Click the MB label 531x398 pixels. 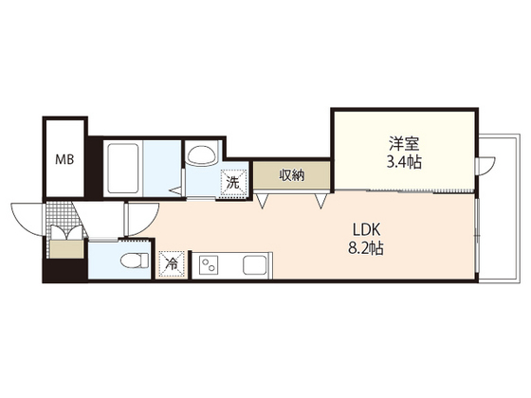pyautogui.click(x=64, y=159)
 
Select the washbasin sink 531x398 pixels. pyautogui.click(x=202, y=156)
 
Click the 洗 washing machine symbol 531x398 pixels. pyautogui.click(x=233, y=183)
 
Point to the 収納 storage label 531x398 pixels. pyautogui.click(x=292, y=175)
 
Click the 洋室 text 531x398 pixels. pyautogui.click(x=404, y=143)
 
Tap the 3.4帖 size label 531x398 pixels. pyautogui.click(x=404, y=162)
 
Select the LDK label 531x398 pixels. pyautogui.click(x=367, y=229)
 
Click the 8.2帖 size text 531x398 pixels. pyautogui.click(x=366, y=248)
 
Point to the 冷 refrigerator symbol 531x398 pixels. pyautogui.click(x=173, y=264)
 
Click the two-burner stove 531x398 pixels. pyautogui.click(x=209, y=264)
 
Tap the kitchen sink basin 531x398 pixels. pyautogui.click(x=255, y=264)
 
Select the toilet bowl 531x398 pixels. pyautogui.click(x=135, y=261)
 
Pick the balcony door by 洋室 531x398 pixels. pyautogui.click(x=485, y=166)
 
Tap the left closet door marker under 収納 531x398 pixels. pyautogui.click(x=263, y=200)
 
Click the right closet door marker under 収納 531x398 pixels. pyautogui.click(x=320, y=200)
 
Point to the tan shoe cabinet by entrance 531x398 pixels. pyautogui.click(x=66, y=249)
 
